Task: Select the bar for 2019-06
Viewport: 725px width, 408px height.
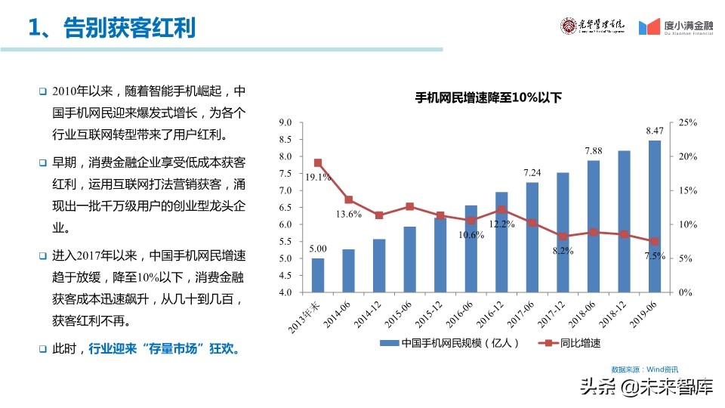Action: tap(654, 216)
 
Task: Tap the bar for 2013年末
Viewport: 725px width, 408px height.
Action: tap(318, 275)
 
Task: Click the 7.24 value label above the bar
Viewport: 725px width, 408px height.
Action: tap(532, 173)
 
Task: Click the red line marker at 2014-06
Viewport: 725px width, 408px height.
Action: tap(348, 199)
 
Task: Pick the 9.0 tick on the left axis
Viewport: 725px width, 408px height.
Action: tap(285, 122)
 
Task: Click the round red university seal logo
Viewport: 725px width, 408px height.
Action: tap(567, 26)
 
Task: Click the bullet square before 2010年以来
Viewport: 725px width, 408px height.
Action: tap(43, 91)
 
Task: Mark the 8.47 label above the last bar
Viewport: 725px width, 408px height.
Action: tap(654, 131)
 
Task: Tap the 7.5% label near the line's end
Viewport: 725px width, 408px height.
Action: tap(654, 256)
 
